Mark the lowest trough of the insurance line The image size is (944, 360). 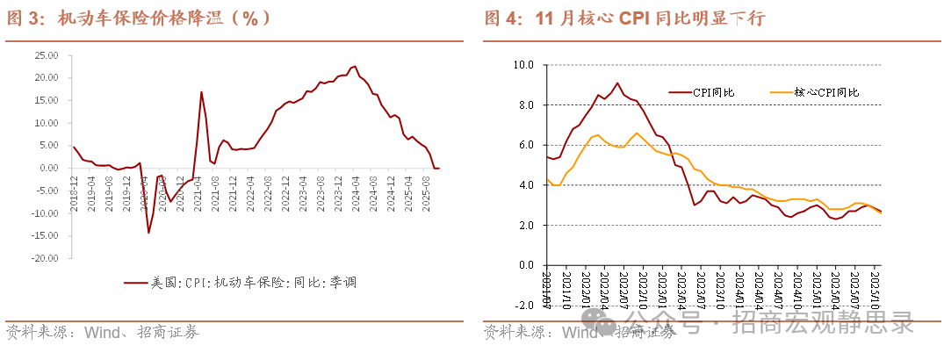click(148, 233)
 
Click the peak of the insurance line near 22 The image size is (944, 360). click(355, 66)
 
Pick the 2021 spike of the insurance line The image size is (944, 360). click(201, 91)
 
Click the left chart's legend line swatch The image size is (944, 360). click(134, 283)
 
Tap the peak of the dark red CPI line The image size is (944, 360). click(617, 83)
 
